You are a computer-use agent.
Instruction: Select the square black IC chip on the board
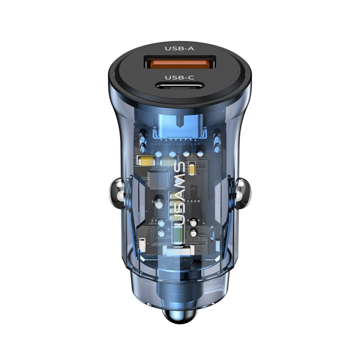(157, 179)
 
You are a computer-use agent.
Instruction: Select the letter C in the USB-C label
(190, 78)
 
